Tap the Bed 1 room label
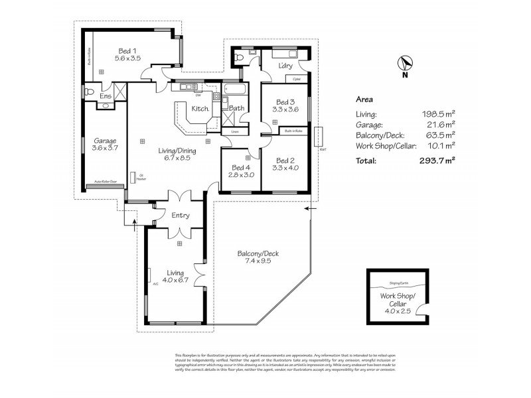coord(127,50)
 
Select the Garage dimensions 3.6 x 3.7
coord(105,149)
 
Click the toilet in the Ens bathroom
coord(89,91)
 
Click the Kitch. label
coord(201,108)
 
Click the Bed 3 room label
coord(285,101)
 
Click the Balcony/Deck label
coord(258,253)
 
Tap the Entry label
coord(181,215)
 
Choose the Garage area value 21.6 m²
coord(441,124)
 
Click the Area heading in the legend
coord(364,99)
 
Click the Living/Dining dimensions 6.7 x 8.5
coord(175,159)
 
